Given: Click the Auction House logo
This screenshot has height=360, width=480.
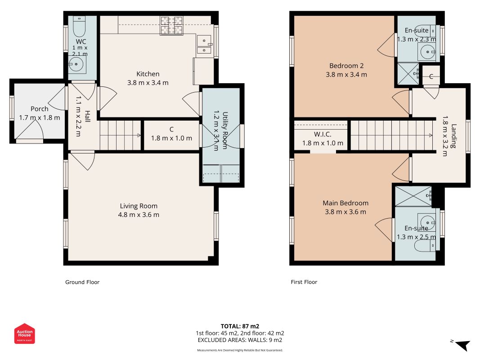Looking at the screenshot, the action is (24, 333).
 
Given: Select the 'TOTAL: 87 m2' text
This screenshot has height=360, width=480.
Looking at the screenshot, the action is (240, 326).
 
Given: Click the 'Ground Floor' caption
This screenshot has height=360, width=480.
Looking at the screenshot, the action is (82, 282).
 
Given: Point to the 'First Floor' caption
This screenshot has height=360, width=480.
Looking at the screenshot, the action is (304, 282).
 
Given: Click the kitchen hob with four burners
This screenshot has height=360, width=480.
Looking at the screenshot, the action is (171, 25).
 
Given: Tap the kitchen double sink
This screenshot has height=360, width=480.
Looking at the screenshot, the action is (204, 45).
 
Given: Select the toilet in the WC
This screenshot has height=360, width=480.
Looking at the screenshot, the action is (80, 27).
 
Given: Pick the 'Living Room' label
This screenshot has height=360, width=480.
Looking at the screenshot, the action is (139, 206).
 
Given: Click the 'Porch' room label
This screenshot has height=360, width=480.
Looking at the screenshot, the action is (40, 108).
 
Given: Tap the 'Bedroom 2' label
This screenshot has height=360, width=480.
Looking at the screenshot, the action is (346, 66).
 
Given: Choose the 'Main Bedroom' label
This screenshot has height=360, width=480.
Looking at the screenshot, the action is (345, 203).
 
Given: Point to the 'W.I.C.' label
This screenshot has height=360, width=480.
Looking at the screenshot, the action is (323, 135).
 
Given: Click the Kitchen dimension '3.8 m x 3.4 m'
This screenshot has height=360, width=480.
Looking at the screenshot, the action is (148, 83).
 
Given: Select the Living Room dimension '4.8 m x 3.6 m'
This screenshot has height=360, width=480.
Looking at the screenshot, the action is (139, 215).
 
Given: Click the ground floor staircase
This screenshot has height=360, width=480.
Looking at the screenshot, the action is (120, 135).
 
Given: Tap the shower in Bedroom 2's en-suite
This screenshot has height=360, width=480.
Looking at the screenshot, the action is (408, 74).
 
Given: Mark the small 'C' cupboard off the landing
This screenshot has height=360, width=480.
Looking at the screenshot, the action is (431, 76).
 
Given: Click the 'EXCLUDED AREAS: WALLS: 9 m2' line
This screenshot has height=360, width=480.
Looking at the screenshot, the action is (240, 340).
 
